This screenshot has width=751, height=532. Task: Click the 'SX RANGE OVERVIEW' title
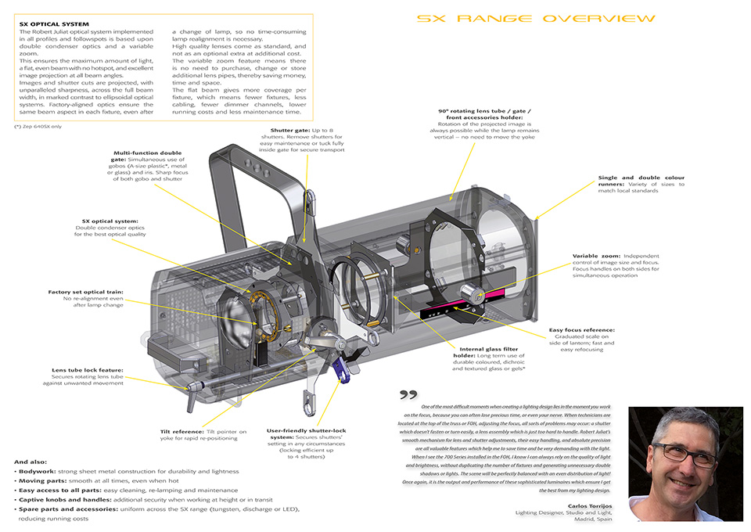[536, 18]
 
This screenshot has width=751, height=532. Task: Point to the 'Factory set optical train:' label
[85, 292]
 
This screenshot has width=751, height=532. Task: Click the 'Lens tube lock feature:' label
[88, 370]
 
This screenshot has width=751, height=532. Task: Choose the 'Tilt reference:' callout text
[182, 431]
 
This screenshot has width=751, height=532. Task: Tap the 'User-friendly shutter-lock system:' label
[307, 431]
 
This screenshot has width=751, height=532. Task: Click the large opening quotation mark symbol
[408, 394]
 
